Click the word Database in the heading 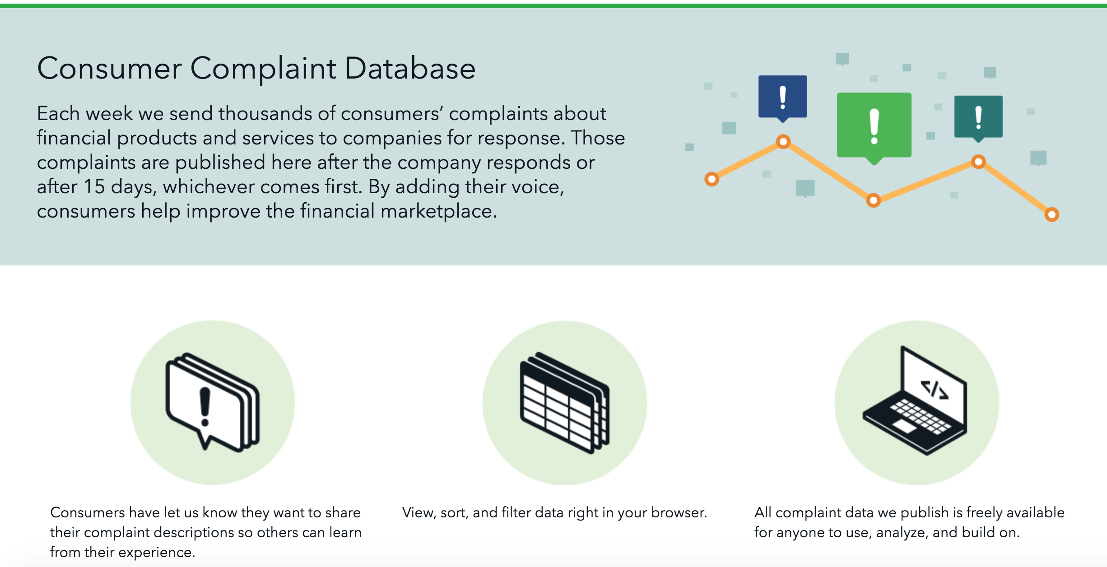click(x=410, y=69)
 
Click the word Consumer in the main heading click(x=109, y=69)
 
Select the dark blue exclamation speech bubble click(x=783, y=98)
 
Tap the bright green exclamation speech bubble click(x=874, y=128)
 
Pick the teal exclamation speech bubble click(x=978, y=118)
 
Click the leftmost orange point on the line click(x=712, y=179)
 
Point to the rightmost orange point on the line click(x=1052, y=214)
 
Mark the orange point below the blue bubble click(x=783, y=142)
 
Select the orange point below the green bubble click(x=874, y=200)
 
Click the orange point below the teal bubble click(x=978, y=162)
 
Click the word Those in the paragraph click(x=598, y=138)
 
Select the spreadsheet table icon click(x=565, y=403)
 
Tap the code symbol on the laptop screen click(x=934, y=390)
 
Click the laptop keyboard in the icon click(x=921, y=416)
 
